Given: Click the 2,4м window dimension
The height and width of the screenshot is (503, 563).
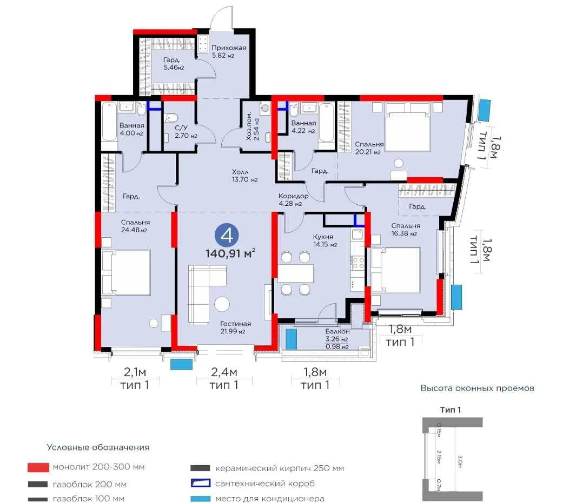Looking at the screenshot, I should [224, 372].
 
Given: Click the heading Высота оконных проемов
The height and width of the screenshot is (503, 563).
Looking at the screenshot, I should [478, 388].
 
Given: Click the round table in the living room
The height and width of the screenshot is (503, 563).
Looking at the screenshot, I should [222, 304].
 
